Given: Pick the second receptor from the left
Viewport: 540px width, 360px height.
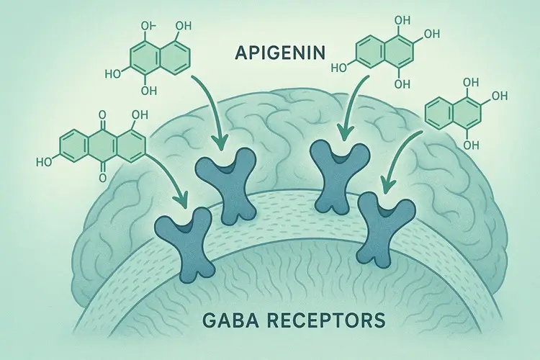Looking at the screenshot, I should tap(228, 180).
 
